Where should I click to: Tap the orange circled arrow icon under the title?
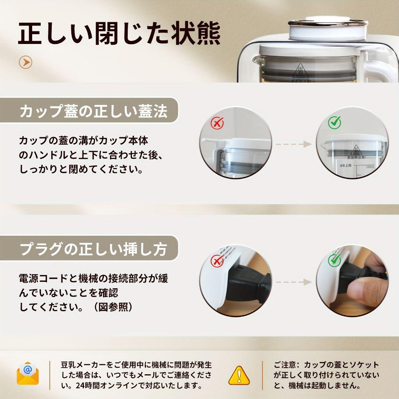pyautogui.click(x=25, y=62)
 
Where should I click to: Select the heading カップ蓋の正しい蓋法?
pyautogui.click(x=93, y=111)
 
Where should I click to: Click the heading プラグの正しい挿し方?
pyautogui.click(x=93, y=250)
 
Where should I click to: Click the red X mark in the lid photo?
pyautogui.click(x=217, y=123)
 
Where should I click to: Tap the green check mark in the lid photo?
pyautogui.click(x=334, y=122)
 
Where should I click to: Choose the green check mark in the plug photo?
pyautogui.click(x=334, y=260)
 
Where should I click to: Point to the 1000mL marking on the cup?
pyautogui.click(x=370, y=167)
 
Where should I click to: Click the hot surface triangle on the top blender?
pyautogui.click(x=301, y=70)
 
